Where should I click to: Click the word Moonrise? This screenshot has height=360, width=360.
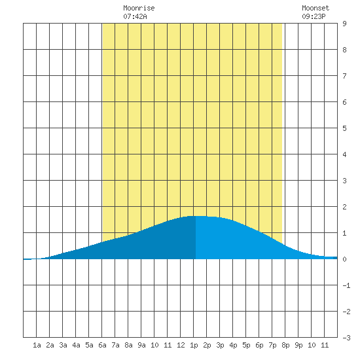coord(139,8)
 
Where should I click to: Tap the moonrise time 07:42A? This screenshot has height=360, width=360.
coord(135,16)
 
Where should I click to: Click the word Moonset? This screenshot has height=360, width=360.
coord(315,8)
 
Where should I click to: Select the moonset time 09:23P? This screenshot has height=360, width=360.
coord(314,16)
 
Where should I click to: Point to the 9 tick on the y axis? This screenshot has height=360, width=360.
coord(344,24)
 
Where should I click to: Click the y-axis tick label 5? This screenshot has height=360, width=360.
coord(344,128)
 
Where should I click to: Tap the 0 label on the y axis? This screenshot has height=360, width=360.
coord(344,259)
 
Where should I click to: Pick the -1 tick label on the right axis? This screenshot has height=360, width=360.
coord(346,285)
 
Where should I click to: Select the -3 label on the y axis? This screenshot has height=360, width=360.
coord(346,338)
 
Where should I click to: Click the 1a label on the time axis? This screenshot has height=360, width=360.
coord(37,345)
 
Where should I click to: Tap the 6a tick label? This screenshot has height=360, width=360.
coord(102,345)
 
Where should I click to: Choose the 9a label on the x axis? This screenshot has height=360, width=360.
coord(141,345)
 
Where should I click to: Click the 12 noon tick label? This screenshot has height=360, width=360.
coord(181,345)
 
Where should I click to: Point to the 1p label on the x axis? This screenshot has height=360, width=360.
coord(194,346)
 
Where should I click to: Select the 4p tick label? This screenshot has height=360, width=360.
coord(233,346)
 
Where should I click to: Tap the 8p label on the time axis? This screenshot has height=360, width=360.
coord(285,346)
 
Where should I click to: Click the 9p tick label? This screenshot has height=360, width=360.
coord(298,346)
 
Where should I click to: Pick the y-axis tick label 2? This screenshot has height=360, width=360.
coord(344,207)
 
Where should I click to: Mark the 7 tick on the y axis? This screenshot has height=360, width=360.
coord(344,76)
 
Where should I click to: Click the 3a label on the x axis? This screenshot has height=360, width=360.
coord(63,345)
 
